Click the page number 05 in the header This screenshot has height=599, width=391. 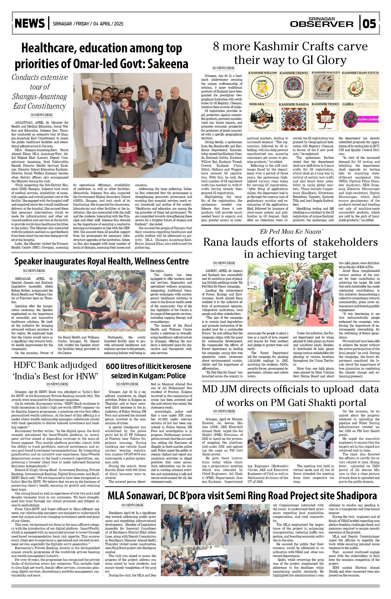pos(369,24)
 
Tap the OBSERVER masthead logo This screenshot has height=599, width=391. pos(322,24)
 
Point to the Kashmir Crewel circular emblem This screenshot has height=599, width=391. pos(294,87)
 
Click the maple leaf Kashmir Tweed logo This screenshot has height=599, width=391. pos(325,117)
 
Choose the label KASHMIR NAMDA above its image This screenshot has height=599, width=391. pos(294,104)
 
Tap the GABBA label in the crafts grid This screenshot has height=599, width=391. pos(348,104)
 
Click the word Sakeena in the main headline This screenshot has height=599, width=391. pos(168,64)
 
